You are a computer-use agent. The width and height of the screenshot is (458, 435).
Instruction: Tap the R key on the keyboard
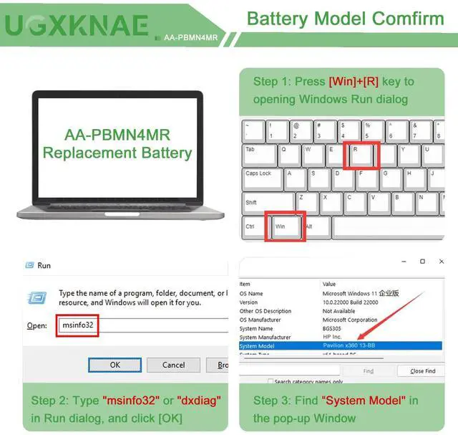click(x=361, y=156)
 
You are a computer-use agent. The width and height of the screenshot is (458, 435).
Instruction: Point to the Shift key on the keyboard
click(x=268, y=204)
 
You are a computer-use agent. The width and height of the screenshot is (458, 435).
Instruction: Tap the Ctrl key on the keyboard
click(x=253, y=227)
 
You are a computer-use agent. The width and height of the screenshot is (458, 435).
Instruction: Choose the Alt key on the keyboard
click(x=316, y=227)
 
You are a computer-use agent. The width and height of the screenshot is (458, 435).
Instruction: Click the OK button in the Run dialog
click(x=114, y=365)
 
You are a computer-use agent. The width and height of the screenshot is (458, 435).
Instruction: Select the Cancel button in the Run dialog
click(x=173, y=365)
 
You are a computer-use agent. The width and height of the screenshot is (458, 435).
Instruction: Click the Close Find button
click(x=422, y=371)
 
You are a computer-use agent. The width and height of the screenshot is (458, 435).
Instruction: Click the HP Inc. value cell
click(x=333, y=337)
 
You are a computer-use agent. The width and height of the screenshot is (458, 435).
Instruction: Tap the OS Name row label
click(x=251, y=294)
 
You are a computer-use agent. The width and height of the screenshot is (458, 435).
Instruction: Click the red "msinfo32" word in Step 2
click(x=130, y=400)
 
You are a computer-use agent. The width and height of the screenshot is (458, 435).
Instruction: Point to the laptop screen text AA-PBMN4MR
click(x=117, y=134)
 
